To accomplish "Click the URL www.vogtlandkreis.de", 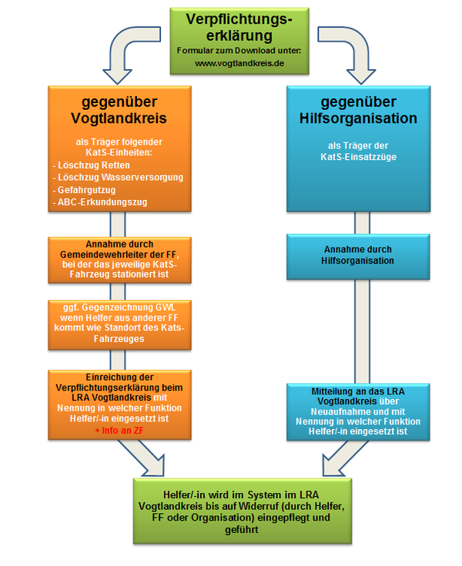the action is click(239, 63).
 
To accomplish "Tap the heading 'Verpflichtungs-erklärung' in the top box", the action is click(239, 27).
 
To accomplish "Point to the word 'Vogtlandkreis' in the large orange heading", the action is click(119, 118).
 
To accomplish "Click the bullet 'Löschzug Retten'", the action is click(94, 165).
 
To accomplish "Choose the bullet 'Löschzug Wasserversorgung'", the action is click(120, 178).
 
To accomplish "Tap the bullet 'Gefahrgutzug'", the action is click(86, 190).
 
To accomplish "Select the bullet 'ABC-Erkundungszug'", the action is click(102, 202).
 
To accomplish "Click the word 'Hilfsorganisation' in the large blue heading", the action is click(358, 118).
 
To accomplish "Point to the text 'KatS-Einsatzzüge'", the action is click(358, 157).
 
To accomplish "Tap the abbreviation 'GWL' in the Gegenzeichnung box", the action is click(166, 307).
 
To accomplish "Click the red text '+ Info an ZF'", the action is click(119, 431).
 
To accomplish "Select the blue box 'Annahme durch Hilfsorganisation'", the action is click(358, 257).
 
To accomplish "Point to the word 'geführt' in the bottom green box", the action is click(242, 530).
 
